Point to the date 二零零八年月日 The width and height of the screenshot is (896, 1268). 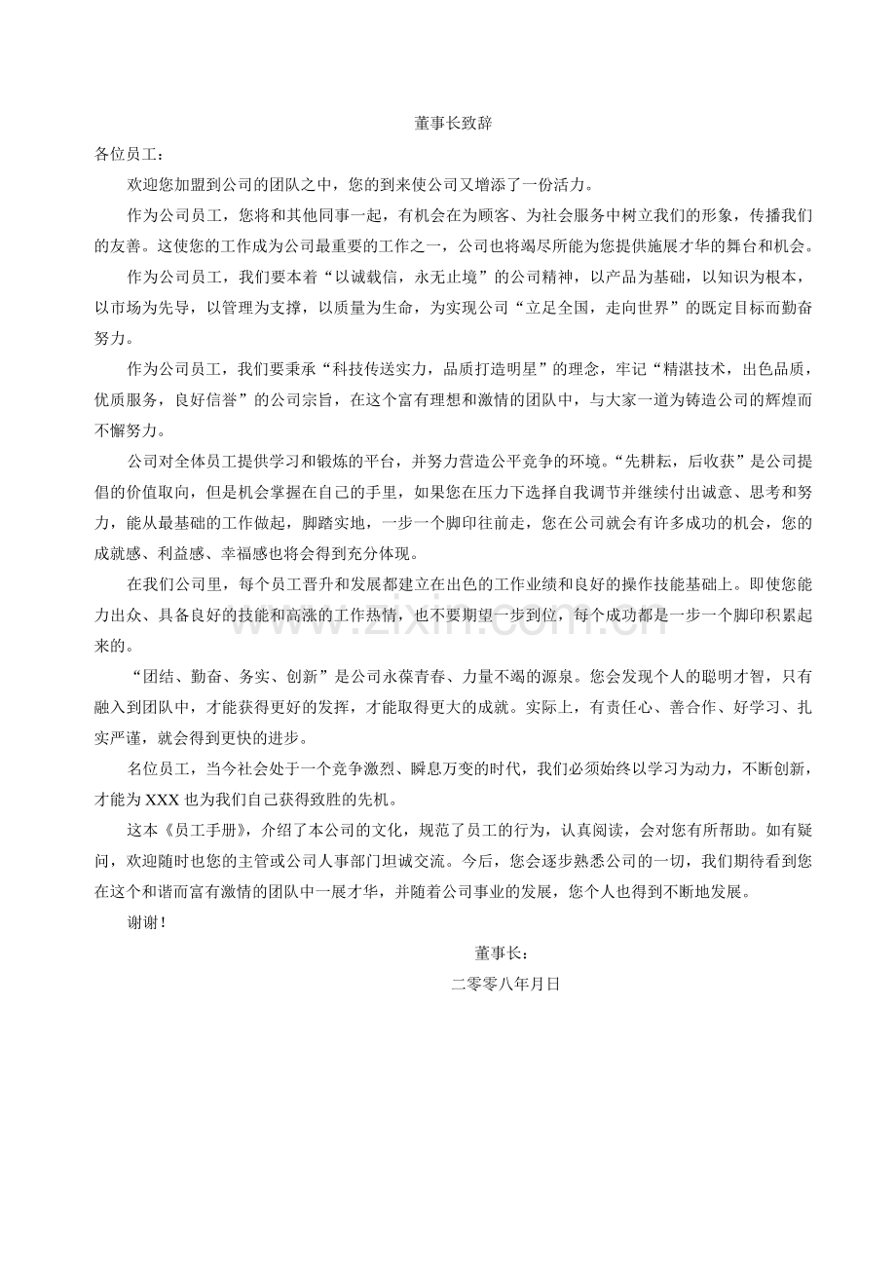(x=505, y=984)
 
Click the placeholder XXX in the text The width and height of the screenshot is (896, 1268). (x=164, y=801)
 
